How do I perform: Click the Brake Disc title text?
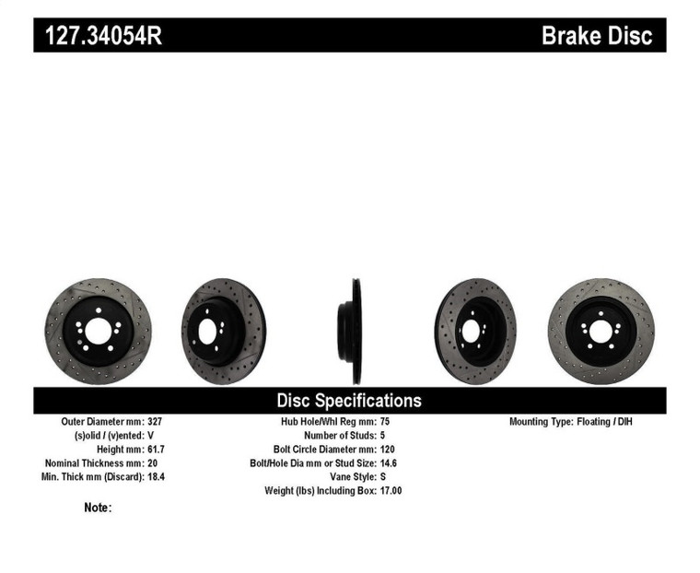[x=596, y=36]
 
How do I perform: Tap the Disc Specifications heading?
[x=349, y=401]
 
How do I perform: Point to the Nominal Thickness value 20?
[x=153, y=463]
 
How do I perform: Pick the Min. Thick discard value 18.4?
[x=157, y=477]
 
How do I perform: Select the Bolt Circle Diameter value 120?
[x=388, y=450]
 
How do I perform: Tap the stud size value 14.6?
[x=389, y=463]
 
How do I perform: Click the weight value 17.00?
[x=391, y=491]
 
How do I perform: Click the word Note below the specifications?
[x=97, y=508]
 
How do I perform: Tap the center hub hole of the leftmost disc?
[x=98, y=331]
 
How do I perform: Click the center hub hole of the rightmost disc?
[x=601, y=330]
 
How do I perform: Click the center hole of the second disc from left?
[x=208, y=330]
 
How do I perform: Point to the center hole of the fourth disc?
[x=472, y=331]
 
